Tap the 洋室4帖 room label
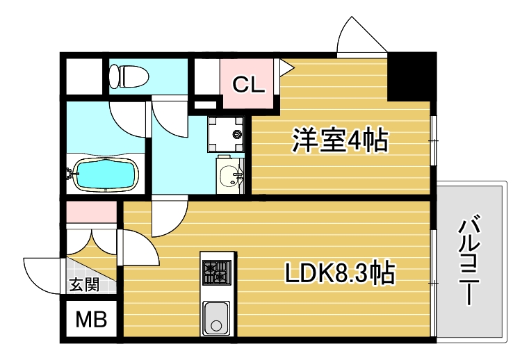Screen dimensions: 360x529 pyautogui.click(x=339, y=140)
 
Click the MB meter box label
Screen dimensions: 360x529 pyautogui.click(x=91, y=320)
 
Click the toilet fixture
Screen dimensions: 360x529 pyautogui.click(x=129, y=74)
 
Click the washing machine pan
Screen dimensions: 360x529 pyautogui.click(x=227, y=133)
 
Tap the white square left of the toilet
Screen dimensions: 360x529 pyautogui.click(x=83, y=74)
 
